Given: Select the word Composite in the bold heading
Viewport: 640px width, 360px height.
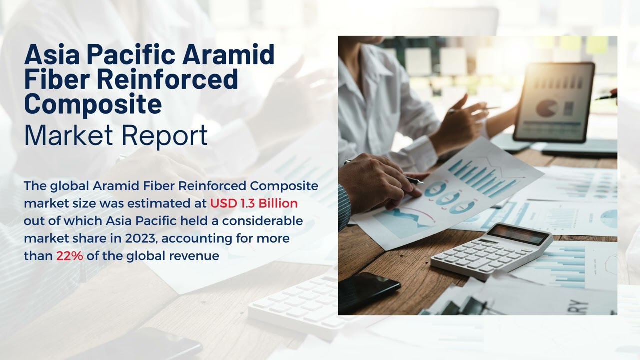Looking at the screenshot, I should click(x=93, y=103).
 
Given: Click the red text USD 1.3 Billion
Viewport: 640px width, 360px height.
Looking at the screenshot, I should click(x=254, y=203).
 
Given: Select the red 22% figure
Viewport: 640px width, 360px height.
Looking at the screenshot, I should click(x=69, y=256).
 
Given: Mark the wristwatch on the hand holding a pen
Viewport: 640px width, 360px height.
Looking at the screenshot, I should click(x=347, y=162).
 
